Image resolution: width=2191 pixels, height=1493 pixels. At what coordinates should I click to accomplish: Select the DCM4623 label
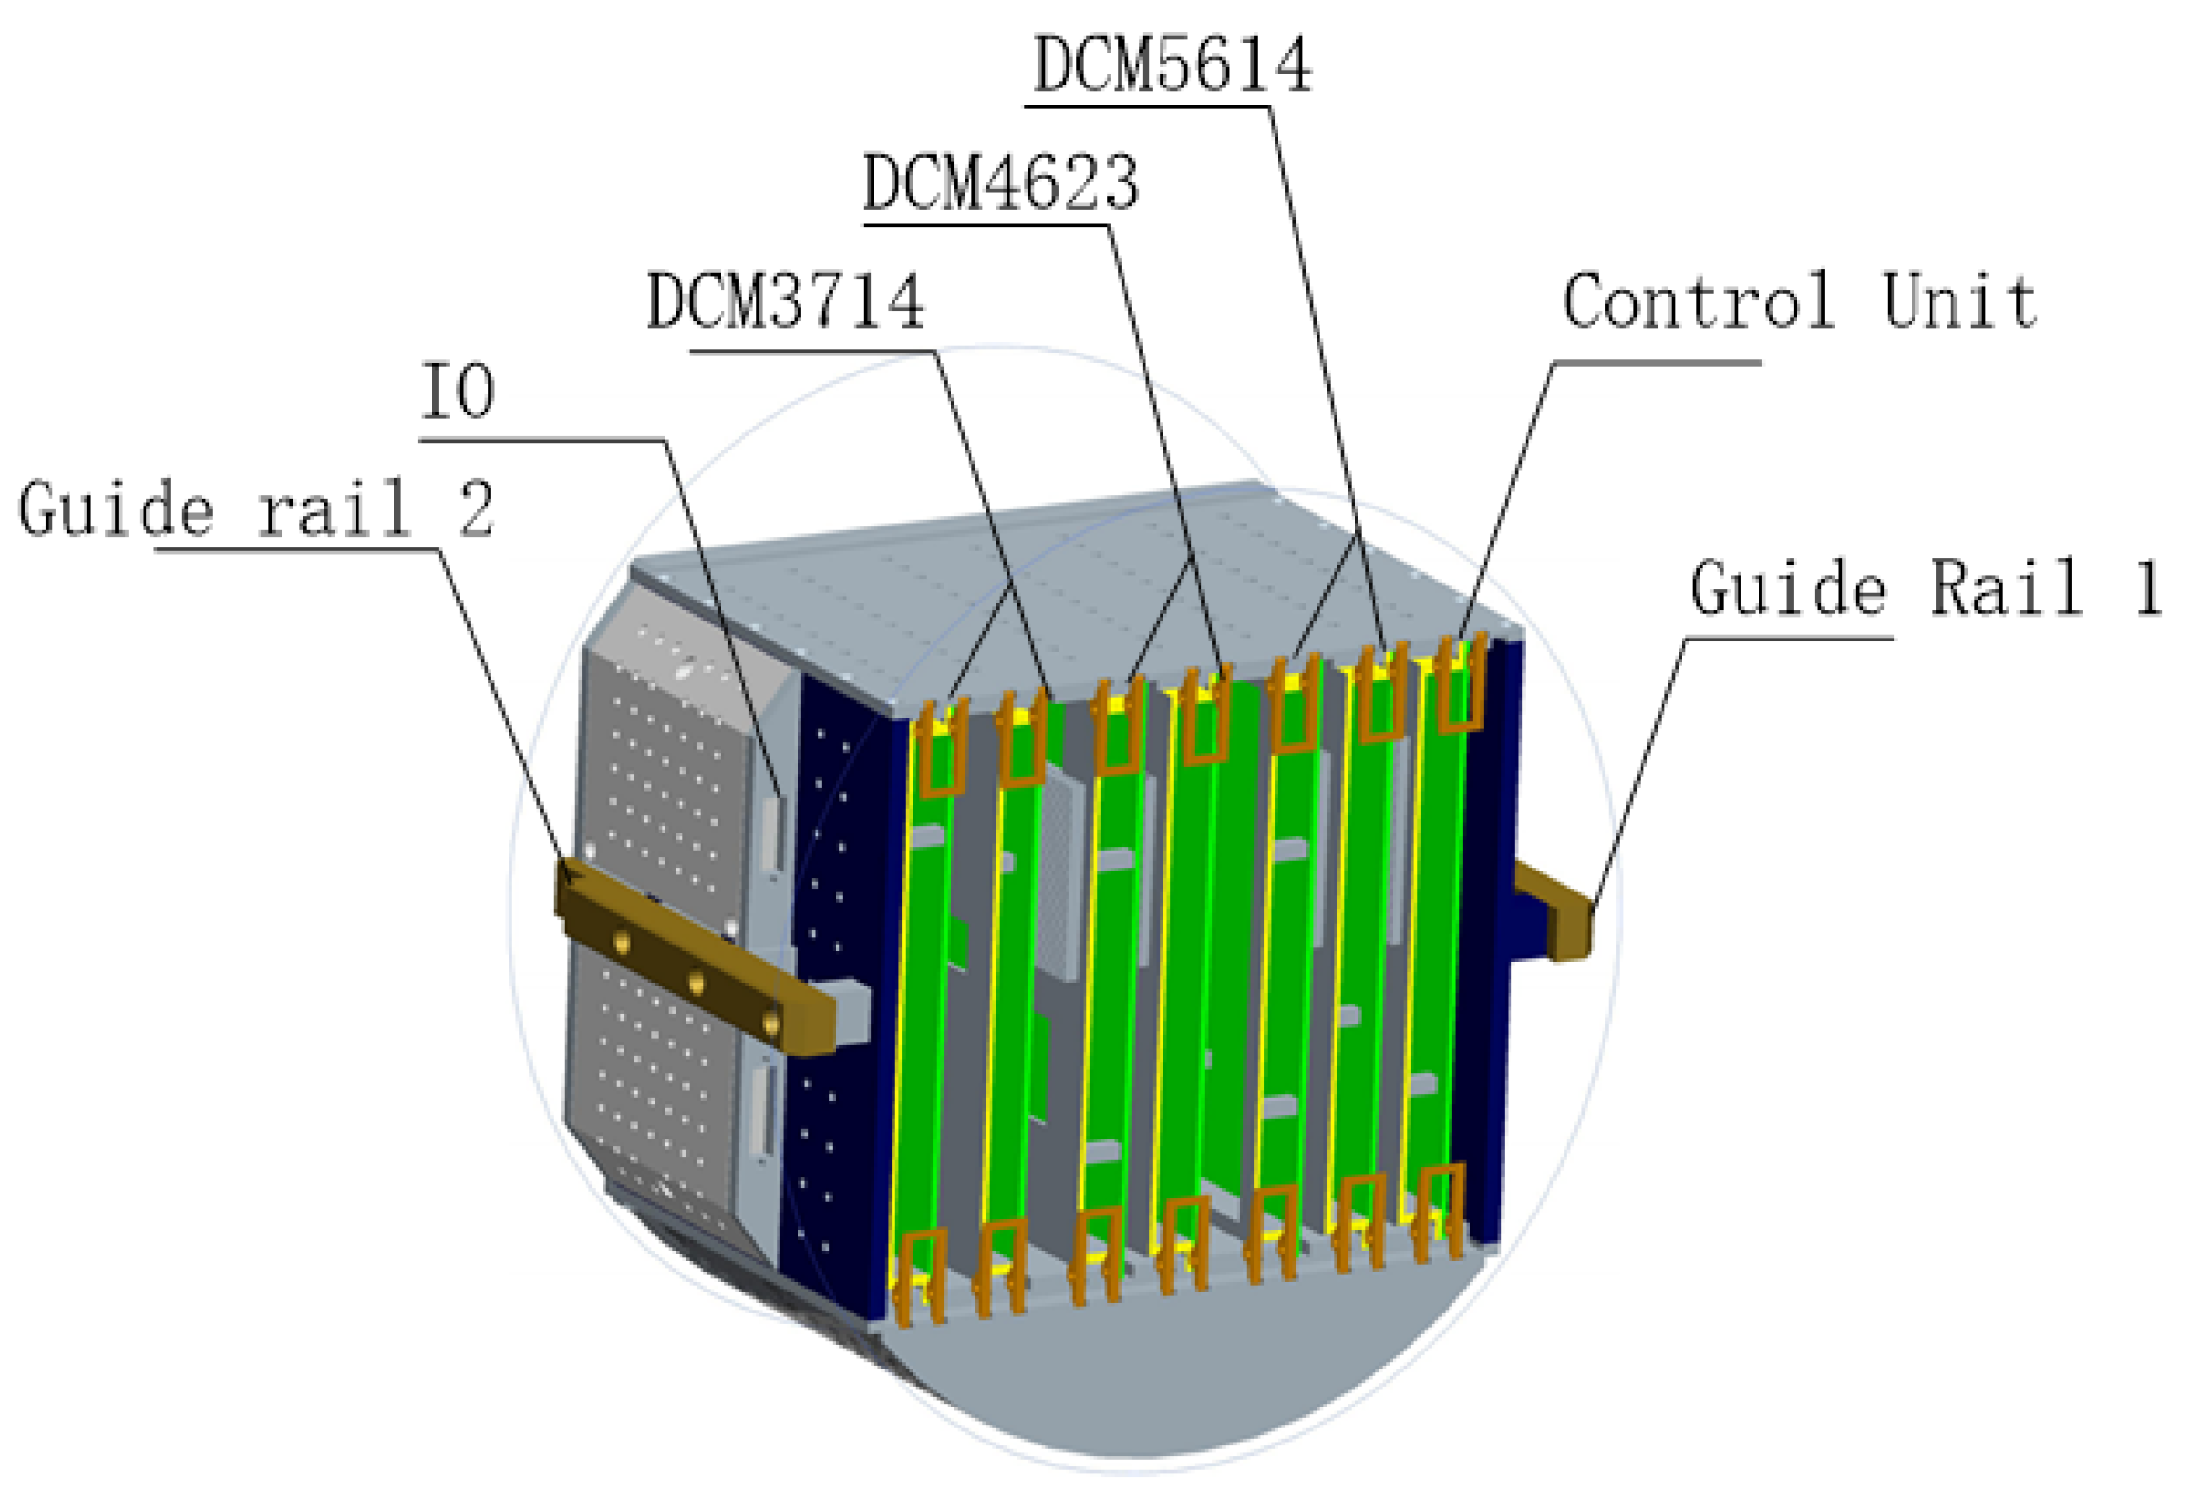[x=1000, y=182]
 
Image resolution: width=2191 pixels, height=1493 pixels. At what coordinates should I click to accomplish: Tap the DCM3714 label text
[x=785, y=301]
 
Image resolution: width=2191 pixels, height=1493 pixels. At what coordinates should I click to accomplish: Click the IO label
[x=457, y=392]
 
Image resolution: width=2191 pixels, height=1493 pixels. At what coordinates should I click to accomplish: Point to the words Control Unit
[x=1798, y=301]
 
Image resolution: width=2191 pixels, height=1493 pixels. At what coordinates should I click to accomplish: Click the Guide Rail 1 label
[x=1926, y=588]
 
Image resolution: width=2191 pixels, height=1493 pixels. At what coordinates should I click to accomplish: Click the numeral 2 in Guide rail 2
[x=476, y=508]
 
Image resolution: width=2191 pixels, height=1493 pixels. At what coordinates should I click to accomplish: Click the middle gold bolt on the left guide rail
[x=697, y=982]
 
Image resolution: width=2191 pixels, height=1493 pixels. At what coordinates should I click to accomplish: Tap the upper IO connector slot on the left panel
[x=774, y=834]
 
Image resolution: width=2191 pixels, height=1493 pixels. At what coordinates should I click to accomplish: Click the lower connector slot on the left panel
[x=762, y=1110]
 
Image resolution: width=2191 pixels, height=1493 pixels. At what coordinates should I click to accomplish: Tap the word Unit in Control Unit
[x=1959, y=301]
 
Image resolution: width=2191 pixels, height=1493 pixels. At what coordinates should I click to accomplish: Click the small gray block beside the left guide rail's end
[x=852, y=1012]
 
